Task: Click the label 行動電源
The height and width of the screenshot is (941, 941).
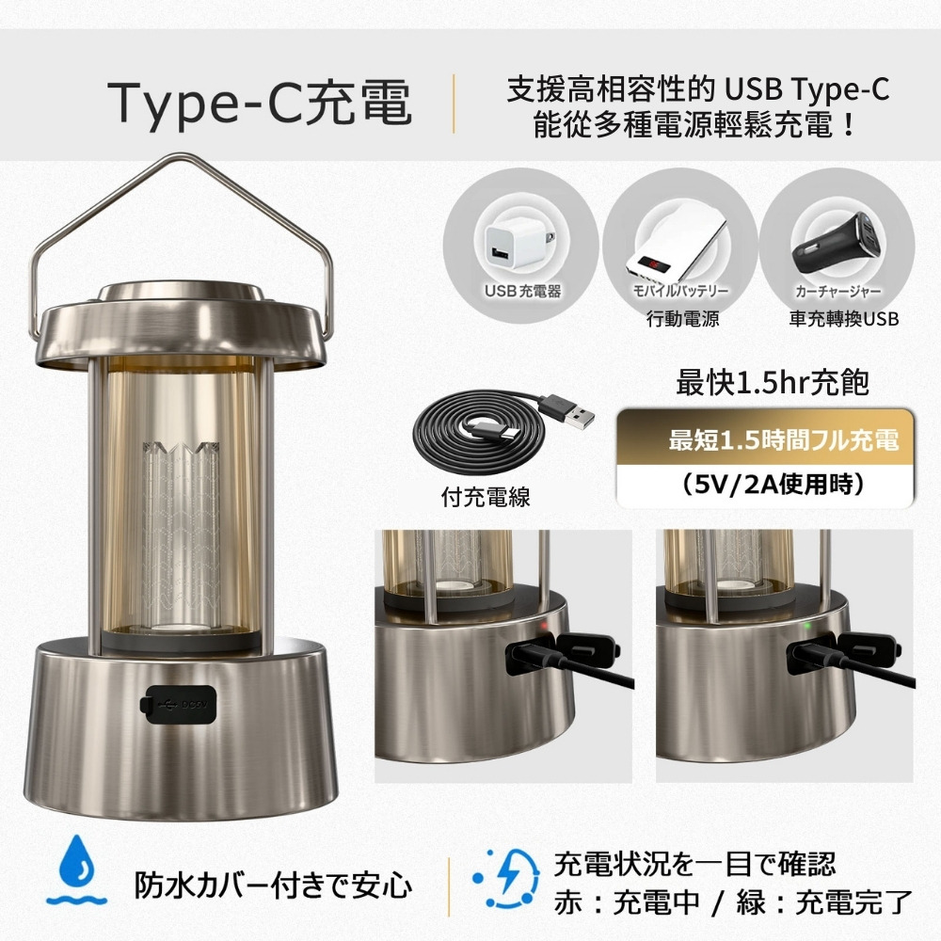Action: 682,319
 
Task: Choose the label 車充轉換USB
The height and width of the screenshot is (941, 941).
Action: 844,319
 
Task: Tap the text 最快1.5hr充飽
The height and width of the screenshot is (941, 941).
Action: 772,383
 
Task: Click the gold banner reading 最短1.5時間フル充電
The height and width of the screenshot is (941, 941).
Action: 764,439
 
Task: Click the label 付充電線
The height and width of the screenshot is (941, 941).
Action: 486,497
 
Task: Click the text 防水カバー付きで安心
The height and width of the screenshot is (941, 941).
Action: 273,885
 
